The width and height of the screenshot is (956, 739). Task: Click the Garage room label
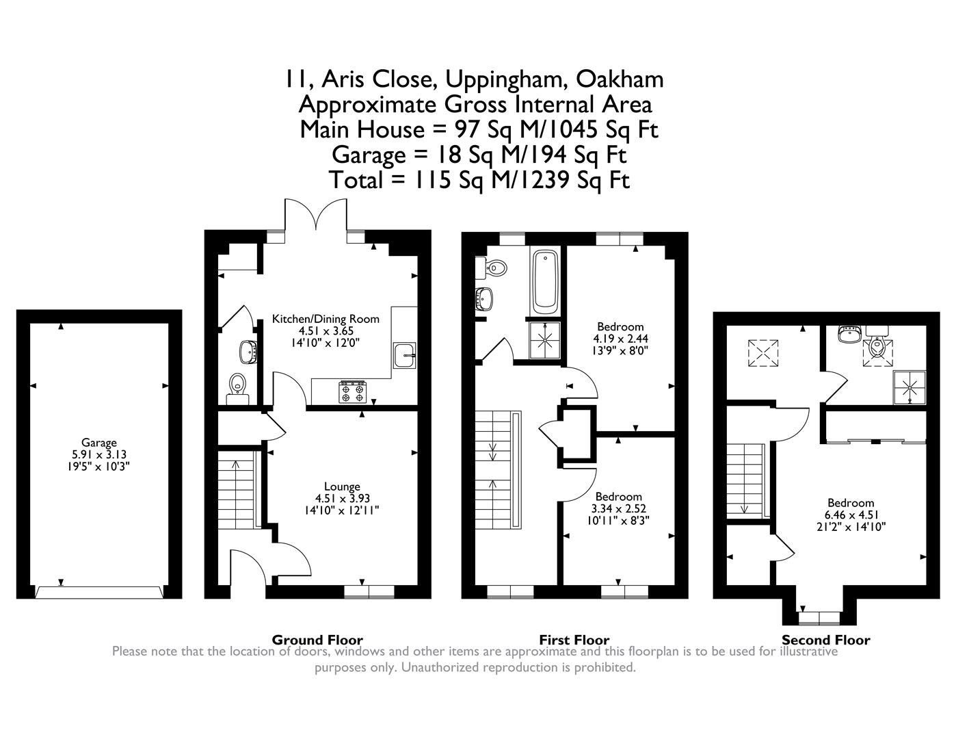99,442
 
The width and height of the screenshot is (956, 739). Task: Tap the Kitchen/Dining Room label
326,319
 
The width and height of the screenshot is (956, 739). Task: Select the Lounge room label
342,487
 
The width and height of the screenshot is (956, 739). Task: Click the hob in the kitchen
352,392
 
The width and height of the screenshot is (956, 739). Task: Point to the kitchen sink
404,354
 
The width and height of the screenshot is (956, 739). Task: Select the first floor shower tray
545,340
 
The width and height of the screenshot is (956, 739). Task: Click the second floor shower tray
909,388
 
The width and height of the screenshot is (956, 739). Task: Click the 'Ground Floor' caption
317,640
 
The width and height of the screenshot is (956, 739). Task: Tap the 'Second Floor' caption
826,640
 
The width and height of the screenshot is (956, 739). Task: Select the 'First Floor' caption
574,640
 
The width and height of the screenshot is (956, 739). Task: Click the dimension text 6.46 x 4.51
851,515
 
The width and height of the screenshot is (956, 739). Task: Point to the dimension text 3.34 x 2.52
618,508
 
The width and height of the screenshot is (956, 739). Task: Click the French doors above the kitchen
316,214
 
